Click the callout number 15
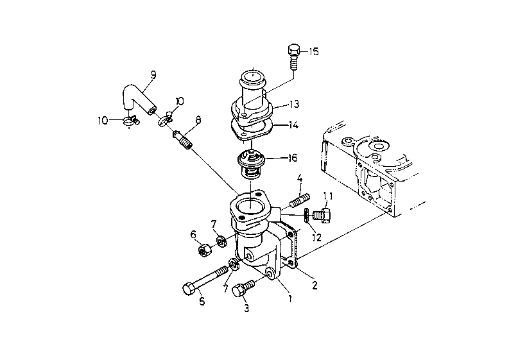[x=314, y=51]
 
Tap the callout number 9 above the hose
[x=153, y=75]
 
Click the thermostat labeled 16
[x=250, y=164]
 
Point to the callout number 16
[x=293, y=158]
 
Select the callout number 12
[x=316, y=237]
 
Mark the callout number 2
[x=315, y=286]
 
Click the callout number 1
[x=290, y=298]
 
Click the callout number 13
[x=294, y=104]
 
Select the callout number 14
[x=293, y=125]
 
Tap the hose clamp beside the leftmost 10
[x=131, y=122]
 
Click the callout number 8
[x=198, y=120]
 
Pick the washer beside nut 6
[x=222, y=242]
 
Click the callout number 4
[x=300, y=178]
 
